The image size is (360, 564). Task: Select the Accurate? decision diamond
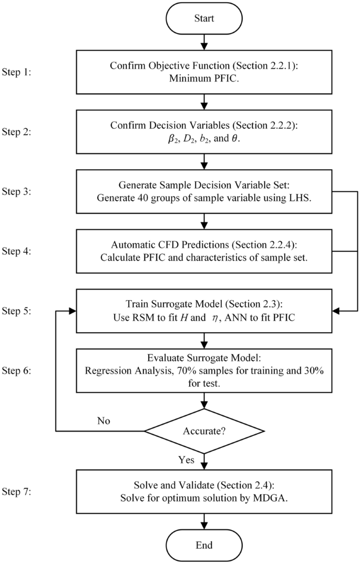(204, 432)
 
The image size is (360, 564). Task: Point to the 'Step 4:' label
(17, 251)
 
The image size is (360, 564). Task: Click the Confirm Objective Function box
(204, 73)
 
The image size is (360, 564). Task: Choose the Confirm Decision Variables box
(204, 132)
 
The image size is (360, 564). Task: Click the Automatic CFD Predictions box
(204, 251)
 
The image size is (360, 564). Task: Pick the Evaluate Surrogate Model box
(204, 371)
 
